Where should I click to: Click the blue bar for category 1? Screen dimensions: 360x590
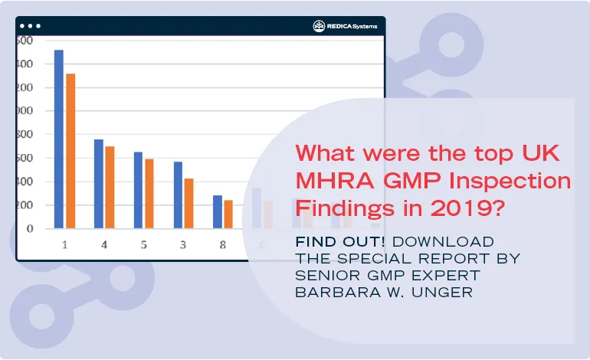point(58,139)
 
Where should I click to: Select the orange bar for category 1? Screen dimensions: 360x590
point(70,151)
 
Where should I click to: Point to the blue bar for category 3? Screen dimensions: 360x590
point(178,195)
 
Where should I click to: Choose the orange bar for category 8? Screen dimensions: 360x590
point(228,214)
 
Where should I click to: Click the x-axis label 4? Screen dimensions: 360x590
point(103,244)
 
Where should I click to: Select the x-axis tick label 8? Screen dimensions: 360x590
point(222,244)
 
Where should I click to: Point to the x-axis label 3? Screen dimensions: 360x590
point(183,244)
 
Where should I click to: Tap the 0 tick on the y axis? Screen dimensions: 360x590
point(30,228)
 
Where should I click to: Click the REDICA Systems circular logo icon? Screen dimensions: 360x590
point(320,26)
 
